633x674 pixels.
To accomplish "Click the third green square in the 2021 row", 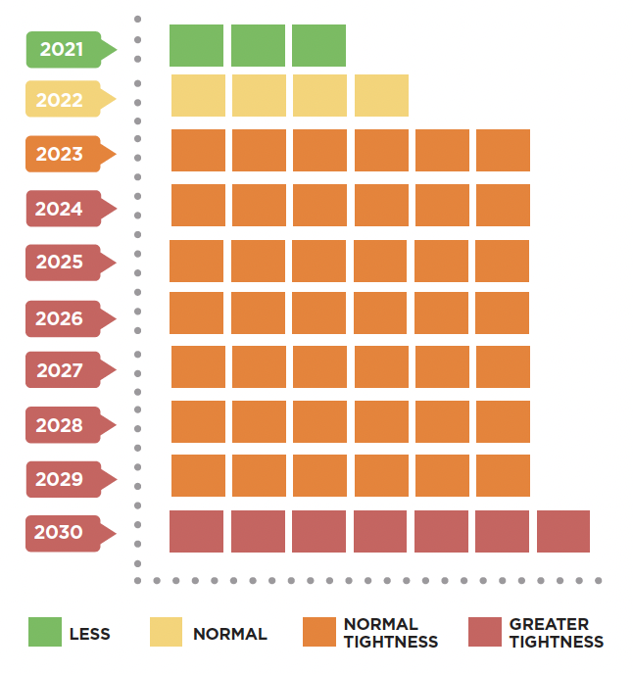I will click(318, 46).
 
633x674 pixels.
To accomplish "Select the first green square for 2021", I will click(196, 46).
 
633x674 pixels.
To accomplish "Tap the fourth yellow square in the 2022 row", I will click(381, 95).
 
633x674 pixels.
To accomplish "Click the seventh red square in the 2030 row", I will click(563, 531).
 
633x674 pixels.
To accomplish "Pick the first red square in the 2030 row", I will click(197, 531).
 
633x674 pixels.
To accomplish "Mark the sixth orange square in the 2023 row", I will click(503, 150).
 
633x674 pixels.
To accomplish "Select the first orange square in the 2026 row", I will click(197, 313).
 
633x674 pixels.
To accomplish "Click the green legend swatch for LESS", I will click(45, 632).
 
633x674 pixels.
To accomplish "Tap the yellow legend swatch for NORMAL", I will click(166, 632).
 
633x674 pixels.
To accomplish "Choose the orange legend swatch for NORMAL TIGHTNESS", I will click(319, 632).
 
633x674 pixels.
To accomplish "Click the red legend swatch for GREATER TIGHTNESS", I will click(485, 632).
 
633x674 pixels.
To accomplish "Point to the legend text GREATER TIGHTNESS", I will click(556, 633).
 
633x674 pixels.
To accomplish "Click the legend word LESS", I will click(89, 634).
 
